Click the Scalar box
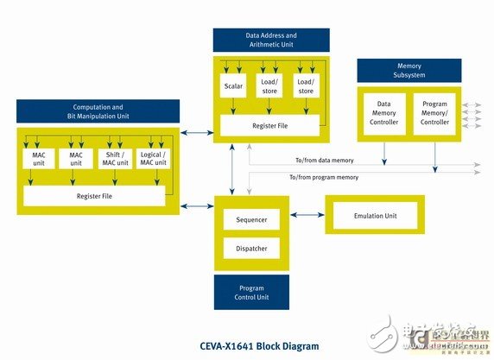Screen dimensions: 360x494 tap(232, 86)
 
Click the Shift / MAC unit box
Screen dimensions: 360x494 tap(116, 157)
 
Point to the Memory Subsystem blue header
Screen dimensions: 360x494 tap(408, 70)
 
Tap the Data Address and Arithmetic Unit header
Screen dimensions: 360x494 tap(271, 39)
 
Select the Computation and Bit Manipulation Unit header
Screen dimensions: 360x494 tap(98, 111)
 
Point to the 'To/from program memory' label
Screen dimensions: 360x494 tap(326, 176)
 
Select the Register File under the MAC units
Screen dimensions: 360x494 tap(93, 196)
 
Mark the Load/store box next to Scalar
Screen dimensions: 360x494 tap(267, 86)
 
